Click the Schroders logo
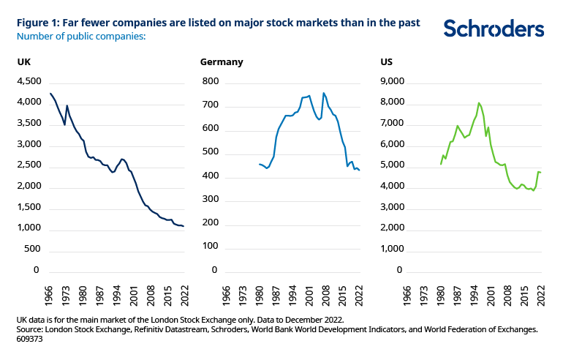click(x=494, y=29)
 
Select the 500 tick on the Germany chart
click(x=211, y=152)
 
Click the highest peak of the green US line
click(x=478, y=102)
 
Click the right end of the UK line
click(x=184, y=226)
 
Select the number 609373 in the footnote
click(x=31, y=339)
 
